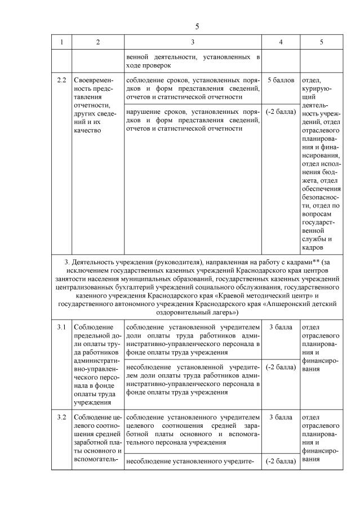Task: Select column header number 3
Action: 193,42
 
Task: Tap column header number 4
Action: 281,42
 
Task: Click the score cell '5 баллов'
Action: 281,81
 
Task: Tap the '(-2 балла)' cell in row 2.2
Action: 281,112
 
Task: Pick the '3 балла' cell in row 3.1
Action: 281,327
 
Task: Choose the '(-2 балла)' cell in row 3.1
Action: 281,367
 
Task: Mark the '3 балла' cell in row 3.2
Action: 281,418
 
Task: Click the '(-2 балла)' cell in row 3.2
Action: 281,462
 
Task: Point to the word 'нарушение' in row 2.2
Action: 145,112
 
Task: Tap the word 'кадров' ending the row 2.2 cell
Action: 313,247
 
